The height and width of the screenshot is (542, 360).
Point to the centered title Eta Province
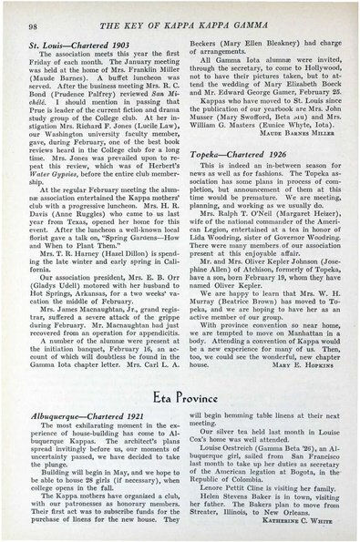182,373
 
